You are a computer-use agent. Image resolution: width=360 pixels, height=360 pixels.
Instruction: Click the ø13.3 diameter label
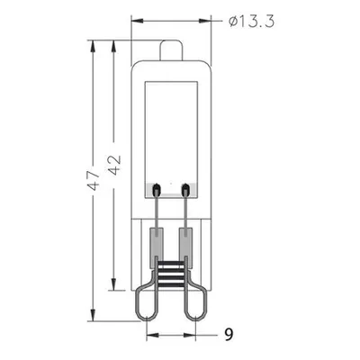pos(251,22)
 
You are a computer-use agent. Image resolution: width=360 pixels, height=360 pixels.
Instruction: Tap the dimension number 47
pos(94,180)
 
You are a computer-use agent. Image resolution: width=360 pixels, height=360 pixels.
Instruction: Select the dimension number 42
pos(114,165)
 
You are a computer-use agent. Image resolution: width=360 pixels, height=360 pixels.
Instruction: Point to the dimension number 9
pos(229,334)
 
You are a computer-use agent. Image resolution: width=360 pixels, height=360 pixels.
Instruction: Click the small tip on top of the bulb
pos(171,50)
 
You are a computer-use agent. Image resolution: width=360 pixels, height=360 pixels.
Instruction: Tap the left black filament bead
pos(157,190)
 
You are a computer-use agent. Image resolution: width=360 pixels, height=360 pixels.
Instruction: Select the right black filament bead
pos(186,190)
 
